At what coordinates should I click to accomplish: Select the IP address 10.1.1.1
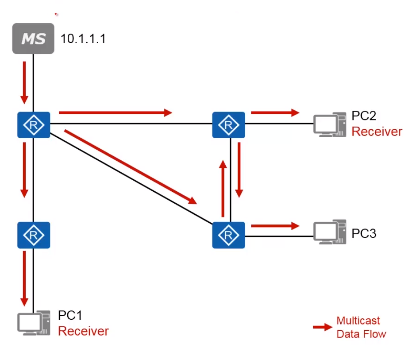point(83,39)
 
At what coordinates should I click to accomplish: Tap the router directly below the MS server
point(34,125)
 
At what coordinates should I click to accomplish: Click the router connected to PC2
point(229,125)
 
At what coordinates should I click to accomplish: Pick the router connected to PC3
point(229,235)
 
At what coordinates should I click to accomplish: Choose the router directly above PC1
point(34,235)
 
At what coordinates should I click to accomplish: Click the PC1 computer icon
point(33,322)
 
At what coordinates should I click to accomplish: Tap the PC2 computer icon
point(329,124)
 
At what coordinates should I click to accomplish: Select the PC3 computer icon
point(329,232)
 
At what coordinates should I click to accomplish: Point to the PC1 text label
point(70,316)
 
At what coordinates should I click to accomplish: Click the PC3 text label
point(364,233)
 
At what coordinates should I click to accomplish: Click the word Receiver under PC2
point(377,132)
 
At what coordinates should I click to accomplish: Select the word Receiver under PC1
point(83,331)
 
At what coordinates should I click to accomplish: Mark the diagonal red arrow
point(131,166)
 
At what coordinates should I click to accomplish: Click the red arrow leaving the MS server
point(24,82)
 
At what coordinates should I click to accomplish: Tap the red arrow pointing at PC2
point(275,112)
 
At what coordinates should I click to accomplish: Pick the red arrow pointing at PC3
point(275,226)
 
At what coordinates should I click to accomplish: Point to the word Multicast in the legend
point(358,321)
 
